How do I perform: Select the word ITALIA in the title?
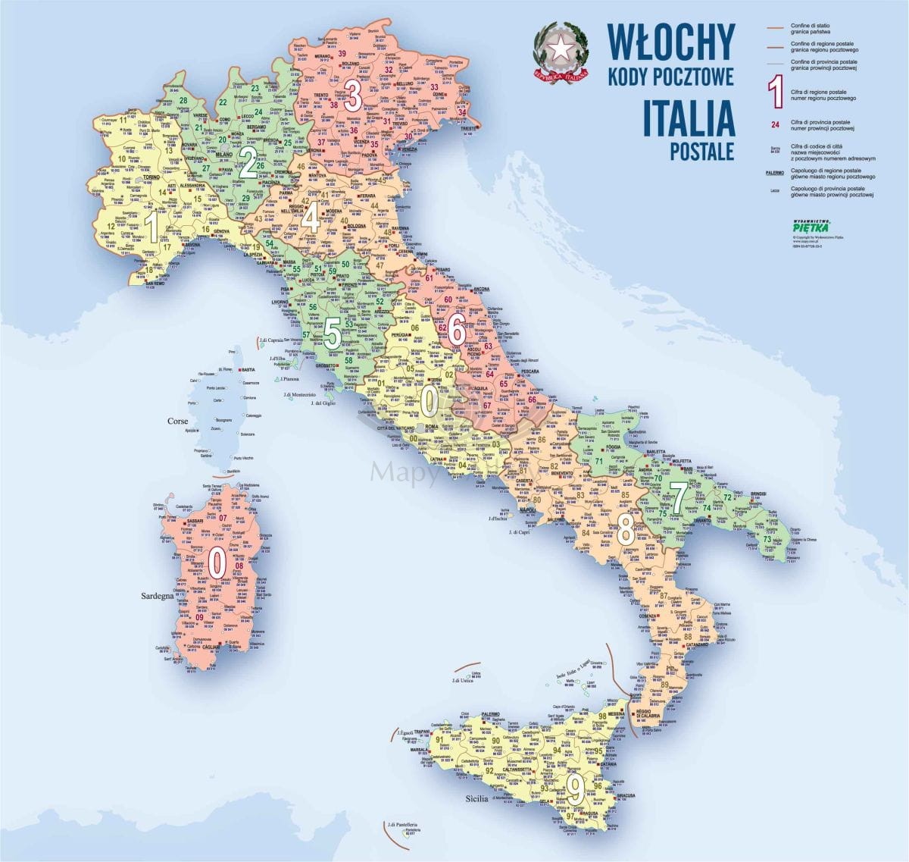[687, 118]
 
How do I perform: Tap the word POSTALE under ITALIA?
[702, 151]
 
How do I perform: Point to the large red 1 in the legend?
[775, 89]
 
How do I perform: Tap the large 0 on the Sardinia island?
[217, 562]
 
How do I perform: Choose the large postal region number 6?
[456, 329]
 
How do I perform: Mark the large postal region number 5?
[333, 334]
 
